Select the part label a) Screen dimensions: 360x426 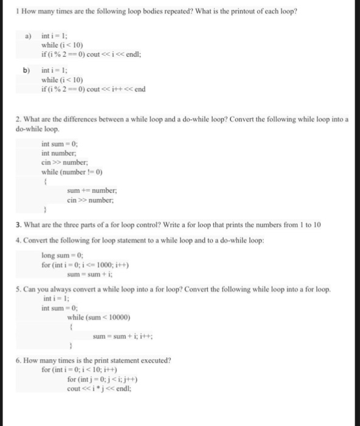(28, 36)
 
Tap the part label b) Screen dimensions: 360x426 (27, 71)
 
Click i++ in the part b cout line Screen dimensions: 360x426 (114, 89)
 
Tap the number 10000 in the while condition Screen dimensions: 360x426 (118, 317)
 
